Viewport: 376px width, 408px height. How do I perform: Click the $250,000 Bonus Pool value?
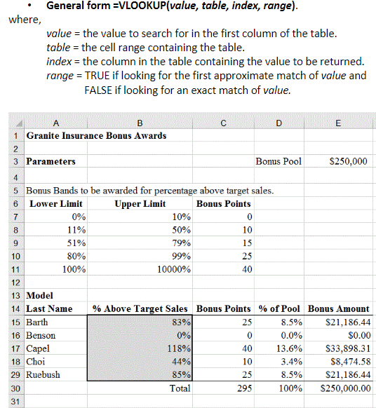point(348,161)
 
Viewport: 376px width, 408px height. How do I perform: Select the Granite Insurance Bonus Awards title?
point(96,135)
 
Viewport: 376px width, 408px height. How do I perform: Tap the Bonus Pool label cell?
point(278,161)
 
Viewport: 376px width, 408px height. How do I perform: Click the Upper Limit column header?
point(140,204)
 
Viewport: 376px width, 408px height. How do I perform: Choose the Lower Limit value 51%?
point(75,243)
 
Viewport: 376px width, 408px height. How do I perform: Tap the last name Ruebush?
point(43,374)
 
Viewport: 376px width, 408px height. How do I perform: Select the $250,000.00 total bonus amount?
point(343,388)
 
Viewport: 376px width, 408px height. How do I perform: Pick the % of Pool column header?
point(279,309)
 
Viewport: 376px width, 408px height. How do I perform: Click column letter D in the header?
point(278,123)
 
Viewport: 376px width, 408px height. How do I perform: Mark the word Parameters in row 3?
point(51,161)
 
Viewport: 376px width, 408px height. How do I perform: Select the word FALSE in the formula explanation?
point(99,90)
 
